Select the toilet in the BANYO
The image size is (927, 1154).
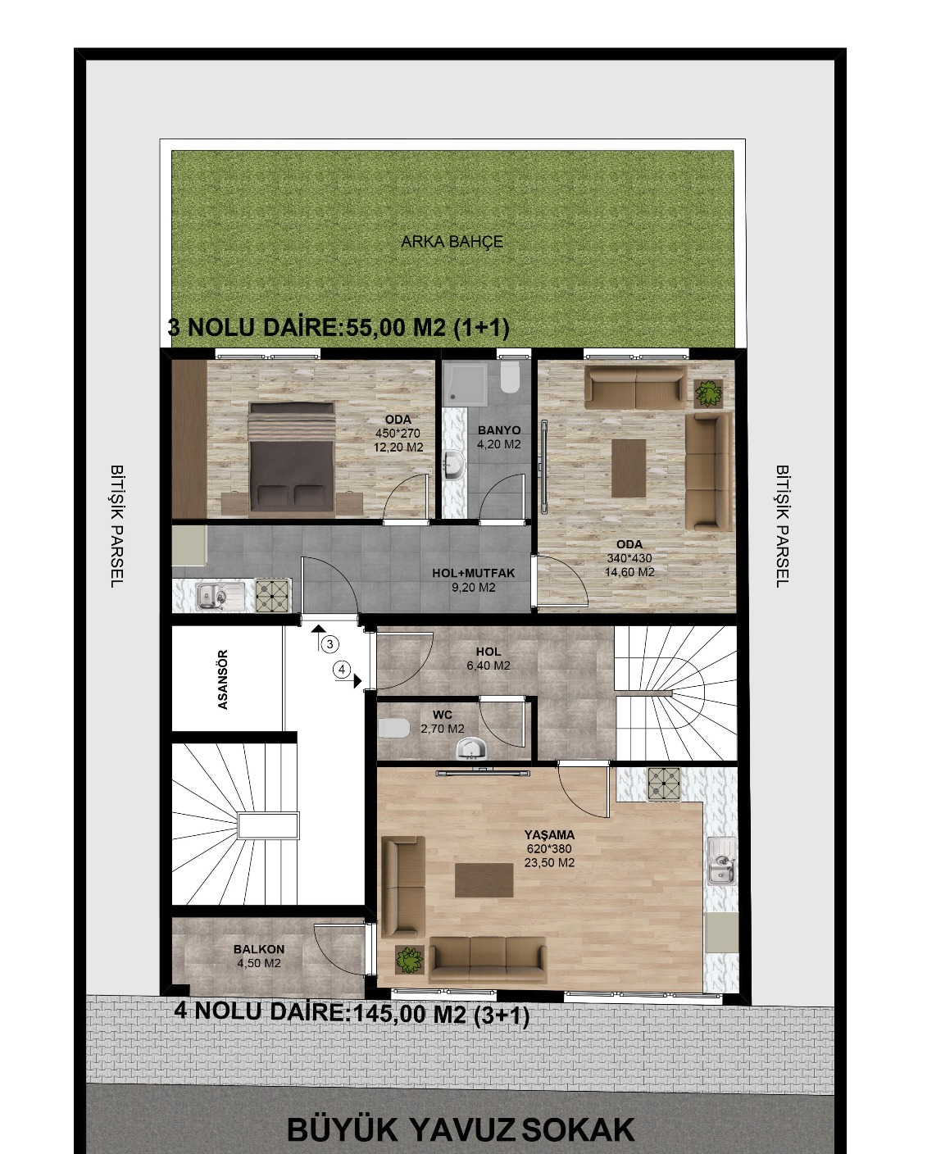click(510, 377)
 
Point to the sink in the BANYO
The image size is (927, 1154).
click(456, 464)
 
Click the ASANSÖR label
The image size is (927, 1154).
click(223, 679)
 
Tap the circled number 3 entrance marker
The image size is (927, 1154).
click(330, 643)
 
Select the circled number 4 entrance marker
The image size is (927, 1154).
click(342, 670)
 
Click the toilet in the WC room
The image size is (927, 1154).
click(393, 728)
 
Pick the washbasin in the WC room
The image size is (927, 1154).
click(470, 748)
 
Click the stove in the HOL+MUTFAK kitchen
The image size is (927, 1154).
click(272, 595)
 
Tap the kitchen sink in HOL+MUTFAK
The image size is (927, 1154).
click(220, 596)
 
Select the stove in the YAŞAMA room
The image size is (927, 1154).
click(664, 784)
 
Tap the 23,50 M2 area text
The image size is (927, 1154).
click(549, 862)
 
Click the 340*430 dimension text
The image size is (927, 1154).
click(629, 558)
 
